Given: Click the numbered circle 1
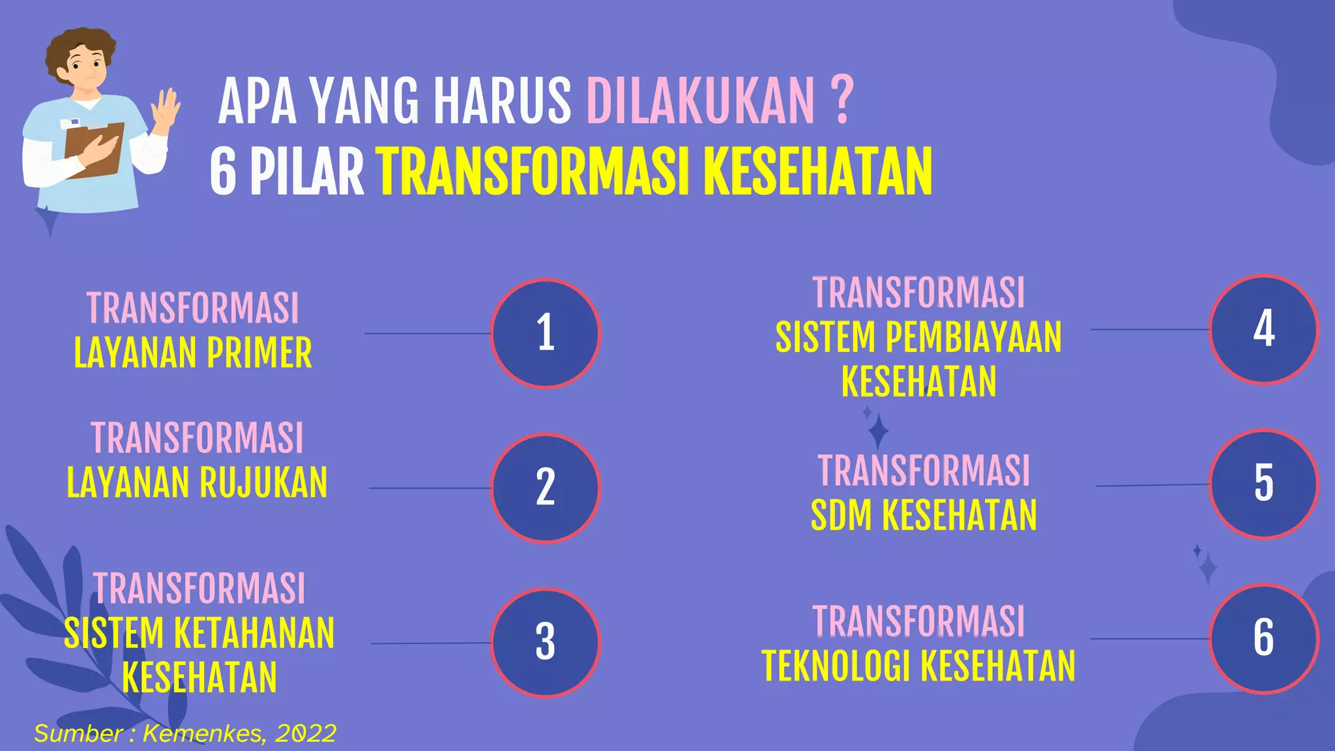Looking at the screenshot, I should (545, 333).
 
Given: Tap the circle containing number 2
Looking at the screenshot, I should (545, 488).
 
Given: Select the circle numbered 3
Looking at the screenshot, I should (545, 642).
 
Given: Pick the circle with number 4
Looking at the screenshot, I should (1263, 329).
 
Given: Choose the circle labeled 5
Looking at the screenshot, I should (1263, 484).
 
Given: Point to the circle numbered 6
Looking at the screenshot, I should (1263, 638).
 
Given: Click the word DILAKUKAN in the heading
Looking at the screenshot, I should (700, 101).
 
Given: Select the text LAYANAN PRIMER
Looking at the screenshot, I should (193, 353).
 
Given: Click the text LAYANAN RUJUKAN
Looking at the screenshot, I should (197, 483).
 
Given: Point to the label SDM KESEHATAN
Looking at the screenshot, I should (923, 516).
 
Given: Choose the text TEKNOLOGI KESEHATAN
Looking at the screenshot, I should (918, 666).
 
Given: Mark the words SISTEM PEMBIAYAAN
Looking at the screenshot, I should (918, 338).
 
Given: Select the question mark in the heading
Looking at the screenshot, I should (842, 101).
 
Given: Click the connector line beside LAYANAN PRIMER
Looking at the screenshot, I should (427, 333).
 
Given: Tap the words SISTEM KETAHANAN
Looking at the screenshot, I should (199, 634).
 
